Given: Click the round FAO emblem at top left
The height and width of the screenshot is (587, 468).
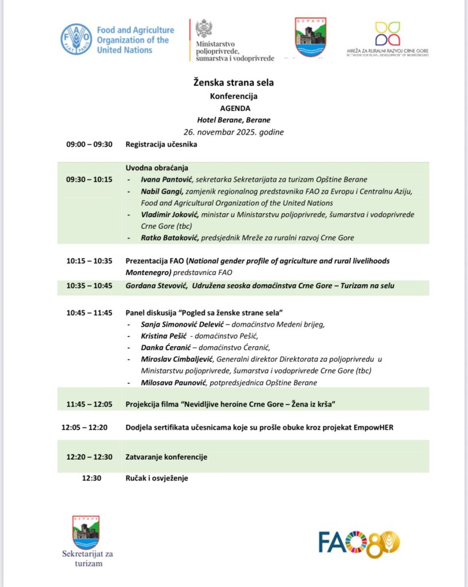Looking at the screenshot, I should coord(76,39).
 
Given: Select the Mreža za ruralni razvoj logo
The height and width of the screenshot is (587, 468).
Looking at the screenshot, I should coord(388,34).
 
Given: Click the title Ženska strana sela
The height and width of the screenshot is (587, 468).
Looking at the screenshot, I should coord(233,83).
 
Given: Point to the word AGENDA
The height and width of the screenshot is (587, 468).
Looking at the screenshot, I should coord(235,108).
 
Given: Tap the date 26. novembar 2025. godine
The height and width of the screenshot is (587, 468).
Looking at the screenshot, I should coord(233,132).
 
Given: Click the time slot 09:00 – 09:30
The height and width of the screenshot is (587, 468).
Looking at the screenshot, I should coord(90,144).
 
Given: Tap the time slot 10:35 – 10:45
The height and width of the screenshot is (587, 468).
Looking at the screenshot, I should coord(90,285).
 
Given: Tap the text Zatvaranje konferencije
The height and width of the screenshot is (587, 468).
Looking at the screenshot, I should coord(167,457).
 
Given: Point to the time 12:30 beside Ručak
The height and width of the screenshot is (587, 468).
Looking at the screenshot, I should coord(92,478).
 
